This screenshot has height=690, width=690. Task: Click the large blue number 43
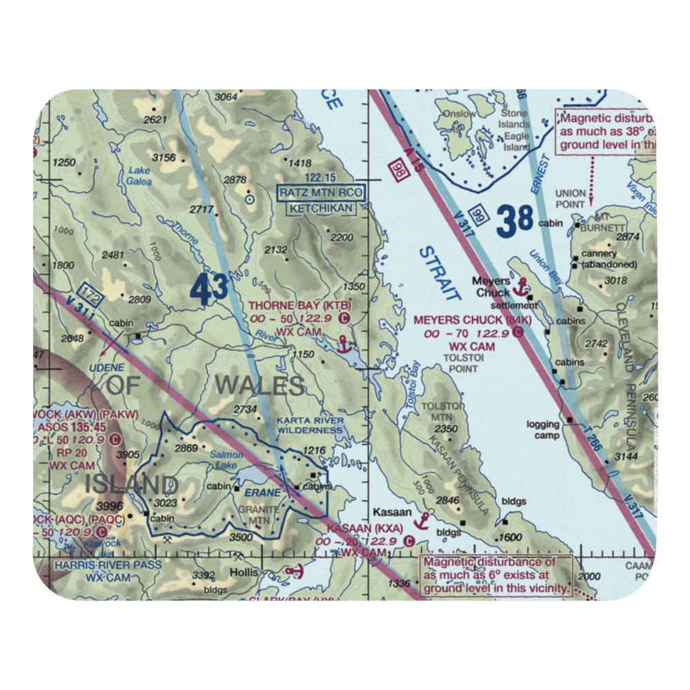209,290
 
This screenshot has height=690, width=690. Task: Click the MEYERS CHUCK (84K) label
472,321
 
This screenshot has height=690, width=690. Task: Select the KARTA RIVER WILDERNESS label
310,425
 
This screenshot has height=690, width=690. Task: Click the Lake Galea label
139,177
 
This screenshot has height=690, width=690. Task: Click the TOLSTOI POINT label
460,363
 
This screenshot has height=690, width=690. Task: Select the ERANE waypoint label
263,493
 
